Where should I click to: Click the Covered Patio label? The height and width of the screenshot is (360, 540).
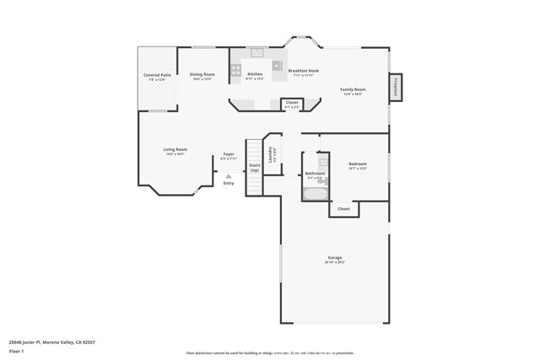pyautogui.click(x=157, y=75)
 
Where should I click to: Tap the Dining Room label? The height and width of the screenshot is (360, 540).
pyautogui.click(x=202, y=74)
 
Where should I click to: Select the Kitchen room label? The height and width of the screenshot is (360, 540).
pyautogui.click(x=255, y=74)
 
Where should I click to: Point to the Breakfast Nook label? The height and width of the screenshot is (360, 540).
pyautogui.click(x=301, y=71)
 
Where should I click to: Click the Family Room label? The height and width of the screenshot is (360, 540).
pyautogui.click(x=353, y=89)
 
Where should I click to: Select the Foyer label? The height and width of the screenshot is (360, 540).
pyautogui.click(x=229, y=154)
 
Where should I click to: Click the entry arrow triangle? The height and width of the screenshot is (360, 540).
pyautogui.click(x=229, y=175)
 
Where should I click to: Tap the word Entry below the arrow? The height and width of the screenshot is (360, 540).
pyautogui.click(x=229, y=183)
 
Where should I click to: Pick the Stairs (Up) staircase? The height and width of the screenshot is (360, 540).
pyautogui.click(x=254, y=167)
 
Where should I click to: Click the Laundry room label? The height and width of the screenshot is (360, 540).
pyautogui.click(x=272, y=154)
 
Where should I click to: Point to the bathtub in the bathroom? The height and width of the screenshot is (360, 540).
pyautogui.click(x=315, y=194)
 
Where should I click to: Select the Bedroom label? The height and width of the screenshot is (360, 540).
pyautogui.click(x=358, y=164)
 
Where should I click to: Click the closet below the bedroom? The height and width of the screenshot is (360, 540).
pyautogui.click(x=343, y=208)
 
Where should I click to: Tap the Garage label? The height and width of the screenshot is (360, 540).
pyautogui.click(x=335, y=257)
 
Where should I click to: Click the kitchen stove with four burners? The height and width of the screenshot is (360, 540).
pyautogui.click(x=236, y=70)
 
